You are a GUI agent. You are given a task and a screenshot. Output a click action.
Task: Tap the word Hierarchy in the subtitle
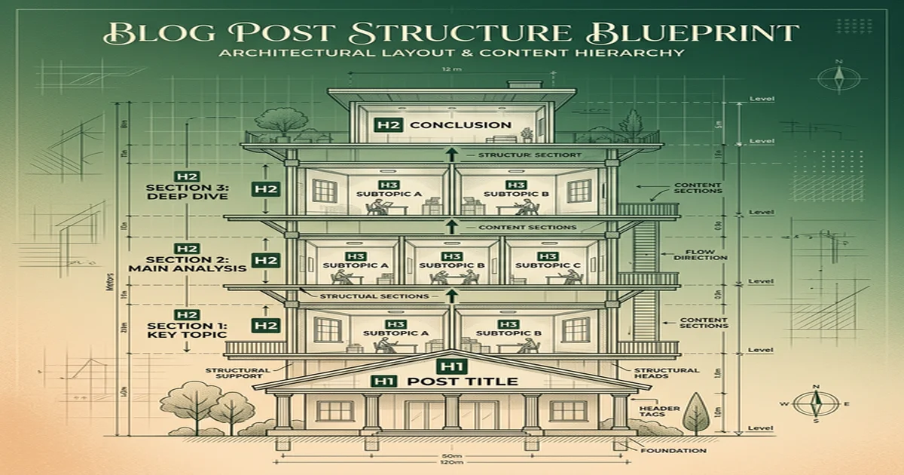(x=642, y=53)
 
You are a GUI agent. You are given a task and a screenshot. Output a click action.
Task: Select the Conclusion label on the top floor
(x=461, y=125)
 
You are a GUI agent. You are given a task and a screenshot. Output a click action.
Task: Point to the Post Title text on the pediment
(x=462, y=382)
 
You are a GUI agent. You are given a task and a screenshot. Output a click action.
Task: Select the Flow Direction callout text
(x=706, y=254)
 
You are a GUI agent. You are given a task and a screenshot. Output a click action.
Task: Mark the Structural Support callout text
(x=238, y=375)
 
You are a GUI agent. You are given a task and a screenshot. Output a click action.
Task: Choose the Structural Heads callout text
(x=666, y=375)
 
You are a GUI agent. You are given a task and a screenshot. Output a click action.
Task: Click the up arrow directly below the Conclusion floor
(x=451, y=155)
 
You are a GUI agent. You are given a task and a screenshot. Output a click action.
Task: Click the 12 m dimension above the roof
(x=450, y=69)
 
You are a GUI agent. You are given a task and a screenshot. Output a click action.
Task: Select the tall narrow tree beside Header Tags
(x=696, y=414)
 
